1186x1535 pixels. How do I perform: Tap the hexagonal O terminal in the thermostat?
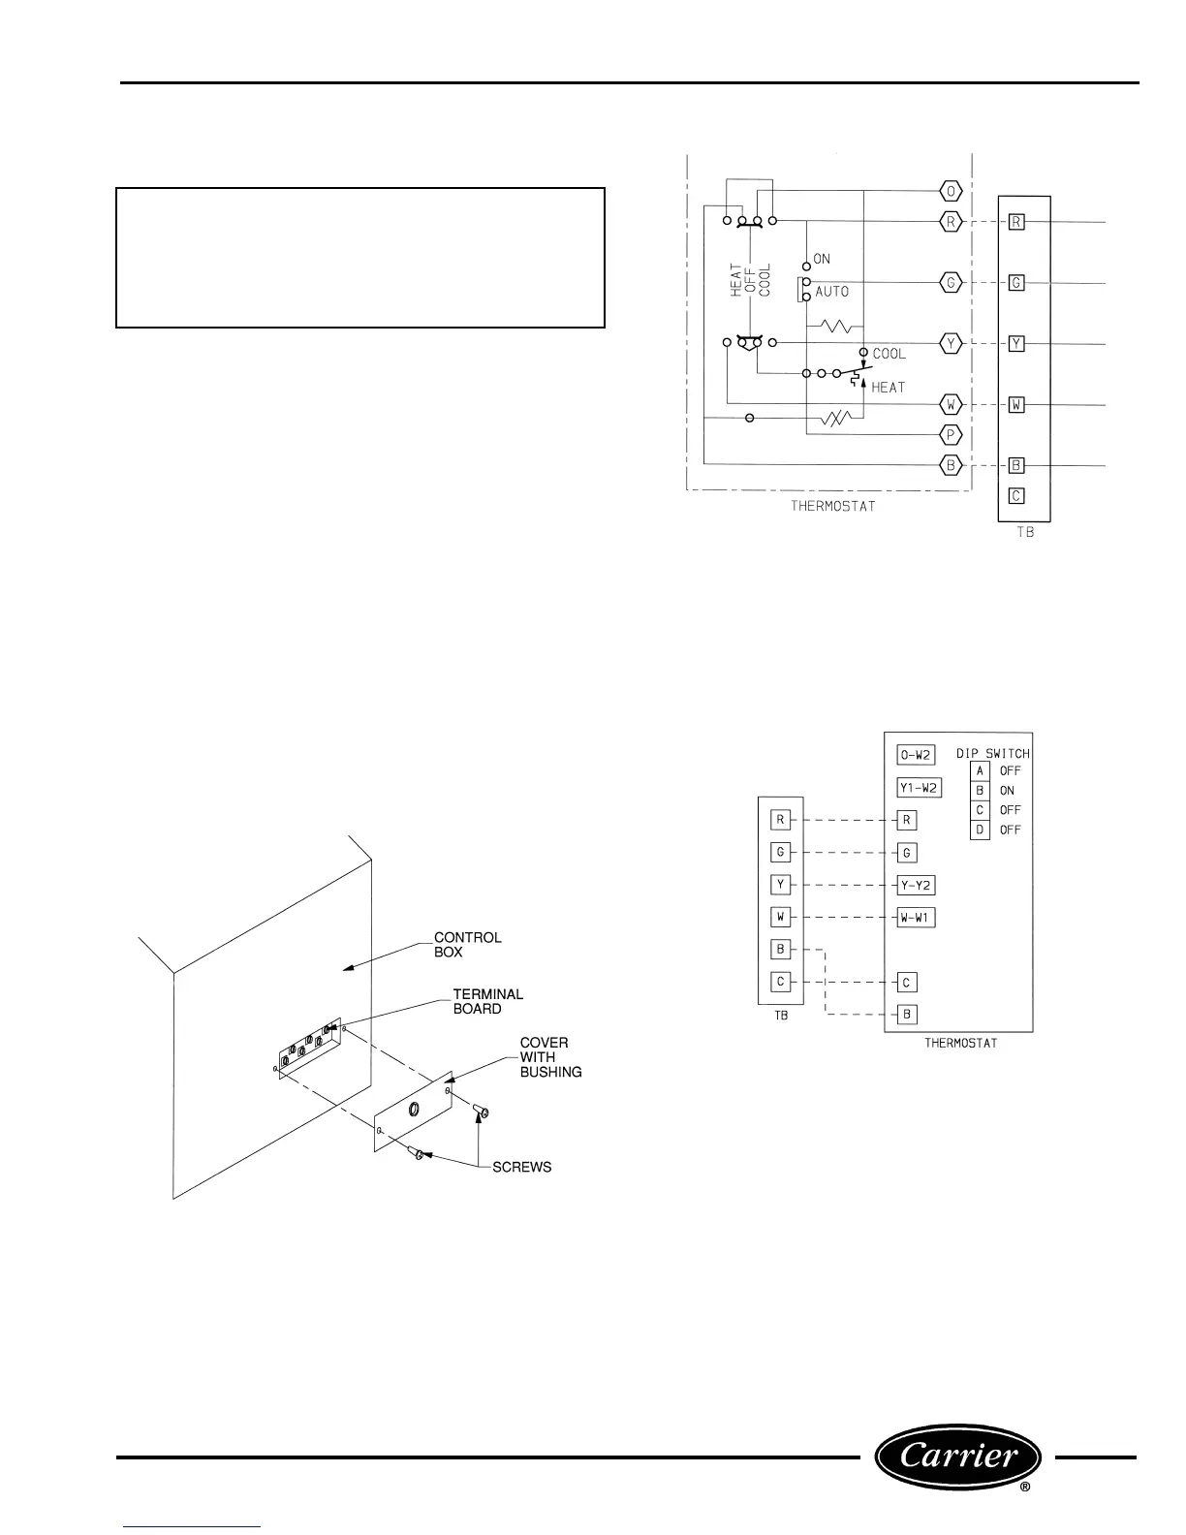click(951, 191)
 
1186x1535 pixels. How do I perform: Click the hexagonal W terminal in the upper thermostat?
click(951, 404)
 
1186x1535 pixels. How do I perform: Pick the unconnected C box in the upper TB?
click(1015, 495)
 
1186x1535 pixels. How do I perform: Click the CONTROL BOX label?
click(467, 945)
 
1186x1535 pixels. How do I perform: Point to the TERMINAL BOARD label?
click(487, 1001)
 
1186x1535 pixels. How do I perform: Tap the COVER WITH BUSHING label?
click(550, 1057)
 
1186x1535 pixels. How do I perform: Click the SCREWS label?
click(521, 1167)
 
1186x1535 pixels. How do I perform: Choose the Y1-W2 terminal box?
click(920, 788)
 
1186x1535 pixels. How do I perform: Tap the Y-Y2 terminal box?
click(916, 885)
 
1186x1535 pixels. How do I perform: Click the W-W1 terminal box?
click(916, 917)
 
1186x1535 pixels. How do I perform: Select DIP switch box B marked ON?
click(980, 791)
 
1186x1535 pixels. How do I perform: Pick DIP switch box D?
click(980, 830)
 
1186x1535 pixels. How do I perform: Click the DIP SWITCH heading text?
click(992, 753)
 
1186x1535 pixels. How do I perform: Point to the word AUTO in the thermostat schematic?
click(831, 292)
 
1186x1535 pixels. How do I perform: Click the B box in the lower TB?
click(780, 949)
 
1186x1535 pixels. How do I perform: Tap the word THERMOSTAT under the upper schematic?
click(832, 506)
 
